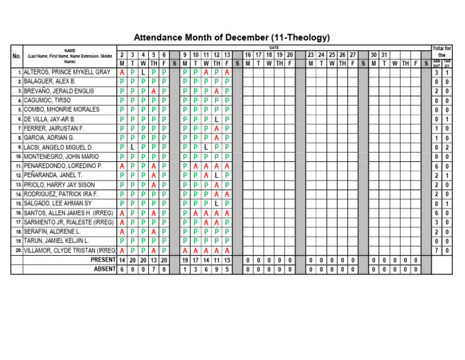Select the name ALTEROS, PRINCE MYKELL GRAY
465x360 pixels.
coord(67,72)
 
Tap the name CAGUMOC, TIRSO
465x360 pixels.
coord(47,100)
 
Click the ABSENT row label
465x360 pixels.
coord(104,269)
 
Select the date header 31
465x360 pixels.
coord(384,55)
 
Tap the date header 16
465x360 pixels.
coord(248,55)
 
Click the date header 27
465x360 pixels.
coord(352,55)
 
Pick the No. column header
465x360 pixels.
coord(17,57)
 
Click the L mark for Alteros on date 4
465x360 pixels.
coord(143,72)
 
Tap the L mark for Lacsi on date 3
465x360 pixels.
coord(133,147)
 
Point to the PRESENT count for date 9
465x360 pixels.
coord(185,260)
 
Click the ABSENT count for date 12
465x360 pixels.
coord(216,269)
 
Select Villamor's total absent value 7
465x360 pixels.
coord(437,250)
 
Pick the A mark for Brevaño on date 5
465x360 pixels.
coord(153,91)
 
